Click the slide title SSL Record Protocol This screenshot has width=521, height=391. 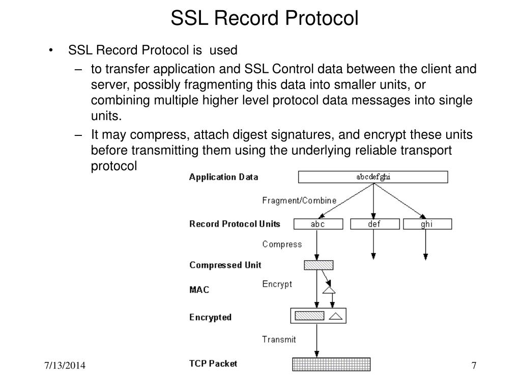pos(264,18)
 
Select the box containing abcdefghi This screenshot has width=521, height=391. pos(373,177)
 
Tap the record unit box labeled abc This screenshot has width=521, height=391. pos(317,224)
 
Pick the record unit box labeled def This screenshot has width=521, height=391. pos(374,224)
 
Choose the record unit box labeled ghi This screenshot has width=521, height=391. pos(427,224)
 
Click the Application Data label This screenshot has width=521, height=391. pos(223,177)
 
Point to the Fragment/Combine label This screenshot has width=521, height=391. pos(299,201)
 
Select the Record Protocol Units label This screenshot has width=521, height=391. pos(235,224)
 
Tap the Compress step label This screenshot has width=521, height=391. pos(282,244)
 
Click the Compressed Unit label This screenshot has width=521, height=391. pos(225,265)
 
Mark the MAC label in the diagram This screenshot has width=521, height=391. pos(199,290)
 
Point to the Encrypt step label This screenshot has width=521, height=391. pos(277,284)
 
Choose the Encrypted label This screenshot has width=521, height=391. pos(210,317)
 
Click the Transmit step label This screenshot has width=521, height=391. pos(279,339)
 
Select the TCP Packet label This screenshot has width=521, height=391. pos(213,364)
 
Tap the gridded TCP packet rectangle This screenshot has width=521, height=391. pos(331,365)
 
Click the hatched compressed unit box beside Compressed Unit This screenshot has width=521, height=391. pos(319,265)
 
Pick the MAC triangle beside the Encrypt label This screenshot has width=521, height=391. pos(329,290)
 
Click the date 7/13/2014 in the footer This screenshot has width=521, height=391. pos(64,367)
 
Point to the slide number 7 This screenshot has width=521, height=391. pos(474,367)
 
